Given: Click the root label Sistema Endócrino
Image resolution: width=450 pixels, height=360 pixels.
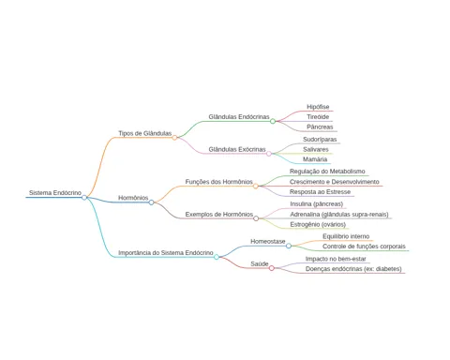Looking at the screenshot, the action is point(55,193).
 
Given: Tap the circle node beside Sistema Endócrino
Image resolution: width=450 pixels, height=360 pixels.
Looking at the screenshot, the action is point(84,197).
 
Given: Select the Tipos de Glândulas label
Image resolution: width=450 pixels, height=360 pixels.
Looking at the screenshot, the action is point(144,133).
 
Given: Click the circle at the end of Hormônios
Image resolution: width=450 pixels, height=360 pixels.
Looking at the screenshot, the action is point(151,202).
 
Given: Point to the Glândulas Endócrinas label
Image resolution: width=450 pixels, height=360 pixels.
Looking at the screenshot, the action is point(239,117).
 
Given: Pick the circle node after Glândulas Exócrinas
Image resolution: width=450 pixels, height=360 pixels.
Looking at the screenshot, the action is point(269,154).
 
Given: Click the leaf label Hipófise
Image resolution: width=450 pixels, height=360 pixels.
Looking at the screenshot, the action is point(318,107).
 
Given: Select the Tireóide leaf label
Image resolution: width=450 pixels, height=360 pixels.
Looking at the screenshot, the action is point(318,117).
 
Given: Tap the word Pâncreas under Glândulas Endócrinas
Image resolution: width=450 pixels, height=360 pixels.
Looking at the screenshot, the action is point(320,127).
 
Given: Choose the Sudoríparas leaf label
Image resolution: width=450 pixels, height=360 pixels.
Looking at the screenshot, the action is point(320,140).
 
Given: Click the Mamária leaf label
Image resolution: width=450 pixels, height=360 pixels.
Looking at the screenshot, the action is point(315,159).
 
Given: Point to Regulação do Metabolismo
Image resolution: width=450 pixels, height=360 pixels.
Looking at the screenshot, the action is point(327,172).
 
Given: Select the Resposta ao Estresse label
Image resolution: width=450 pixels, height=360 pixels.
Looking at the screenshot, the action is point(320,192).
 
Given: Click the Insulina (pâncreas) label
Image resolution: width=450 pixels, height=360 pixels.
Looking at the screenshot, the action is point(316,204).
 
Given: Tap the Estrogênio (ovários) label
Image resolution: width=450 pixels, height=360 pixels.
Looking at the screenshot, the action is point(318,224).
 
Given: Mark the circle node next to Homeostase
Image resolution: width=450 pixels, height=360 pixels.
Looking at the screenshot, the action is point(289,246).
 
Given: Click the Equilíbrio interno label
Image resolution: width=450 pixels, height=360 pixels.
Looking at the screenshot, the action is point(346,236).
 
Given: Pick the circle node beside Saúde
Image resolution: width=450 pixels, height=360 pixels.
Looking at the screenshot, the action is point(272,268).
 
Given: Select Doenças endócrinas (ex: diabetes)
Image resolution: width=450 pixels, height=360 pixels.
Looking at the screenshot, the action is point(353,269).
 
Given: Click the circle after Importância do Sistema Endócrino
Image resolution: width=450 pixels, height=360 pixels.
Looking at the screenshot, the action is point(217,257).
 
